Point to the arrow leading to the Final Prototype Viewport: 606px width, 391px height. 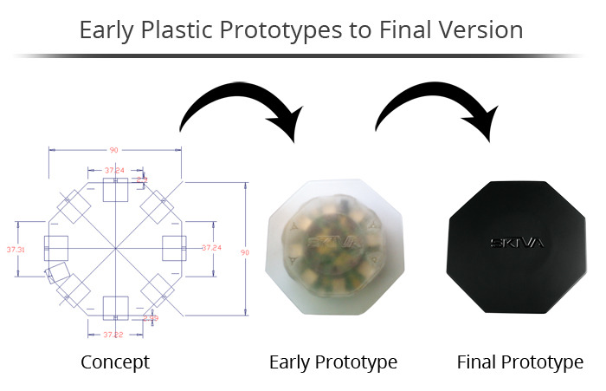[433, 108]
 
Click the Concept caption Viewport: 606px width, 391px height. [115, 362]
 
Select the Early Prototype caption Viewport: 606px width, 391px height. [333, 362]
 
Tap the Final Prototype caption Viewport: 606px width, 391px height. [520, 362]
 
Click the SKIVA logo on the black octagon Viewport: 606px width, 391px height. [517, 242]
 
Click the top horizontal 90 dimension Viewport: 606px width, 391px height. [114, 149]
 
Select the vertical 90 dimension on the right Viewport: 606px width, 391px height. [244, 252]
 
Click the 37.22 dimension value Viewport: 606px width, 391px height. [114, 334]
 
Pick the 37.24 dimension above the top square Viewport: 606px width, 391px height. [114, 170]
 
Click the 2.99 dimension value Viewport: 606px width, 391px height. [151, 318]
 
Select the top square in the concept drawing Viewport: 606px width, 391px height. [115, 190]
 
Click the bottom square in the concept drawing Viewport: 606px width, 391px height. [115, 308]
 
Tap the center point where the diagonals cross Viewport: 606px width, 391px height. [115, 249]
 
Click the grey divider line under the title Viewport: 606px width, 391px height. [303, 55]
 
